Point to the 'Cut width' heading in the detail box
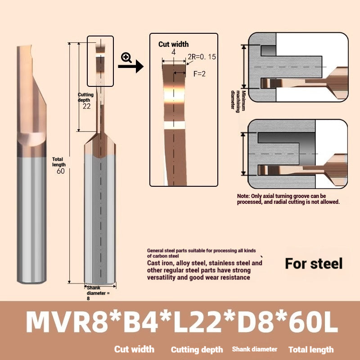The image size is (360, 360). point(173,44)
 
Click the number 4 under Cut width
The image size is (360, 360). point(173,52)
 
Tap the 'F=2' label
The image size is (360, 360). point(199,74)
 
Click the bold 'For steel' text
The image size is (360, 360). point(314,263)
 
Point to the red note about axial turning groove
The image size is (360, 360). point(288,199)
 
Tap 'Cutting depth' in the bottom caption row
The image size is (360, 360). point(197,350)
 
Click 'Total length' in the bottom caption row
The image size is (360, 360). point(311,350)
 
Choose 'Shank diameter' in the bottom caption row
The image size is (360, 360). point(255,349)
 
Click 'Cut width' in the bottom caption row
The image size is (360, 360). point(134,349)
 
